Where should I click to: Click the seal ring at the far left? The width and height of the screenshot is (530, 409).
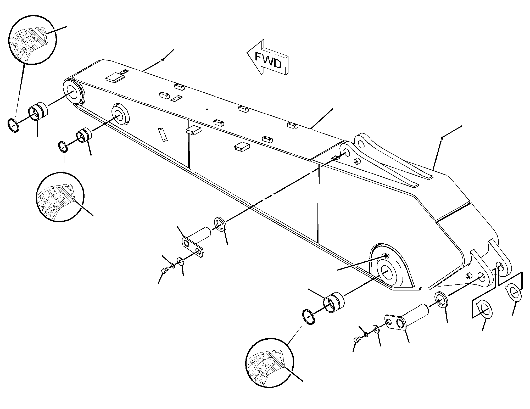click(13, 125)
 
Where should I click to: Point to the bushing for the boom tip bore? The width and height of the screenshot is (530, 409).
click(38, 111)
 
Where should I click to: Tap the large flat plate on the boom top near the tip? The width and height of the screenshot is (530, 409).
click(114, 78)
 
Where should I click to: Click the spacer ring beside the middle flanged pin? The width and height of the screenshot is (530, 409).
click(221, 224)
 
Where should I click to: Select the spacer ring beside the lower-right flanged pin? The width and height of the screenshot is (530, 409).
click(441, 299)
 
